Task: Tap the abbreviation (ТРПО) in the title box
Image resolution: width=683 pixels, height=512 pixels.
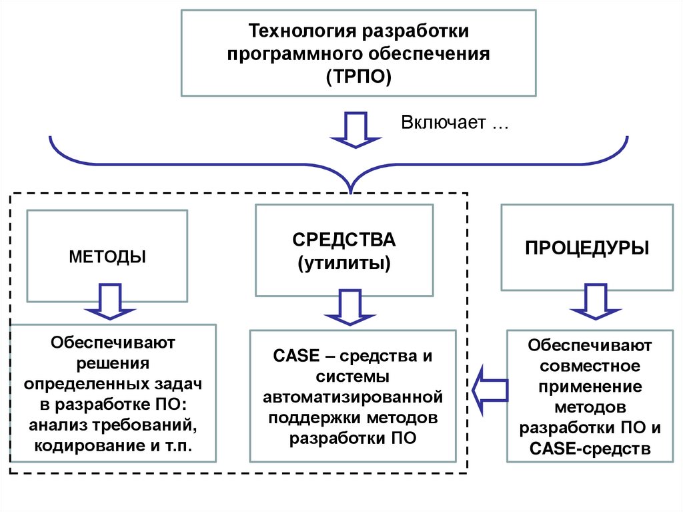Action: pyautogui.click(x=358, y=75)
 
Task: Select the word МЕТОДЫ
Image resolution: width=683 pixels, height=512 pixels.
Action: pyautogui.click(x=107, y=256)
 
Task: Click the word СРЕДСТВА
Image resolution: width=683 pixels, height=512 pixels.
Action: pyautogui.click(x=344, y=240)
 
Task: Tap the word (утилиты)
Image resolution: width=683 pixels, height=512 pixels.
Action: pyautogui.click(x=344, y=262)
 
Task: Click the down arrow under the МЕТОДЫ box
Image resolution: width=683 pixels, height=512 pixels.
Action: pyautogui.click(x=110, y=302)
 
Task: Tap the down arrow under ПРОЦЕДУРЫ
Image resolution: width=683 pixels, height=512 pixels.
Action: pyautogui.click(x=594, y=304)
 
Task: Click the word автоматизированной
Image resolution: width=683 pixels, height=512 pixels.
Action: pyautogui.click(x=353, y=397)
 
